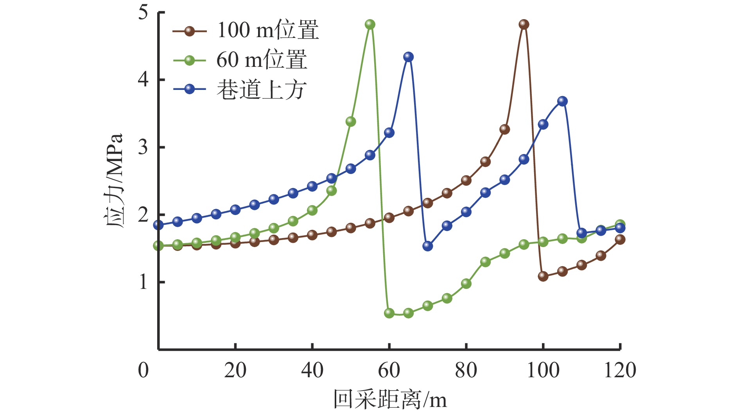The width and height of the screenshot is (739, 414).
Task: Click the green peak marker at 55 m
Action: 370,25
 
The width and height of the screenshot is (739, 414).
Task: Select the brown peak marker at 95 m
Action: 524,25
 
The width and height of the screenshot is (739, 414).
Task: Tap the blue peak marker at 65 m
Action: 408,57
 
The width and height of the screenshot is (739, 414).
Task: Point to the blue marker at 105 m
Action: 562,101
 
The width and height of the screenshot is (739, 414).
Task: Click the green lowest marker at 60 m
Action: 389,313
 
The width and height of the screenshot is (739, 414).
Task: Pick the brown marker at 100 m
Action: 543,276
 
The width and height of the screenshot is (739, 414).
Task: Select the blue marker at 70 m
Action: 428,246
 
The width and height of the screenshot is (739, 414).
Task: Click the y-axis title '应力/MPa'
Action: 114,181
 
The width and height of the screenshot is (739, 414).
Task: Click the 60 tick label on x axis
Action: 389,370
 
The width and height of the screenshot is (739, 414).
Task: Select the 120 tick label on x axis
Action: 620,370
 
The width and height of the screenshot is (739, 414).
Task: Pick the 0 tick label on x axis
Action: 143,370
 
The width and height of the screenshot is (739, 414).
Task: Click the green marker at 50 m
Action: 351,122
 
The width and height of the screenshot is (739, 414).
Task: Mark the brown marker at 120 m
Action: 620,240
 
